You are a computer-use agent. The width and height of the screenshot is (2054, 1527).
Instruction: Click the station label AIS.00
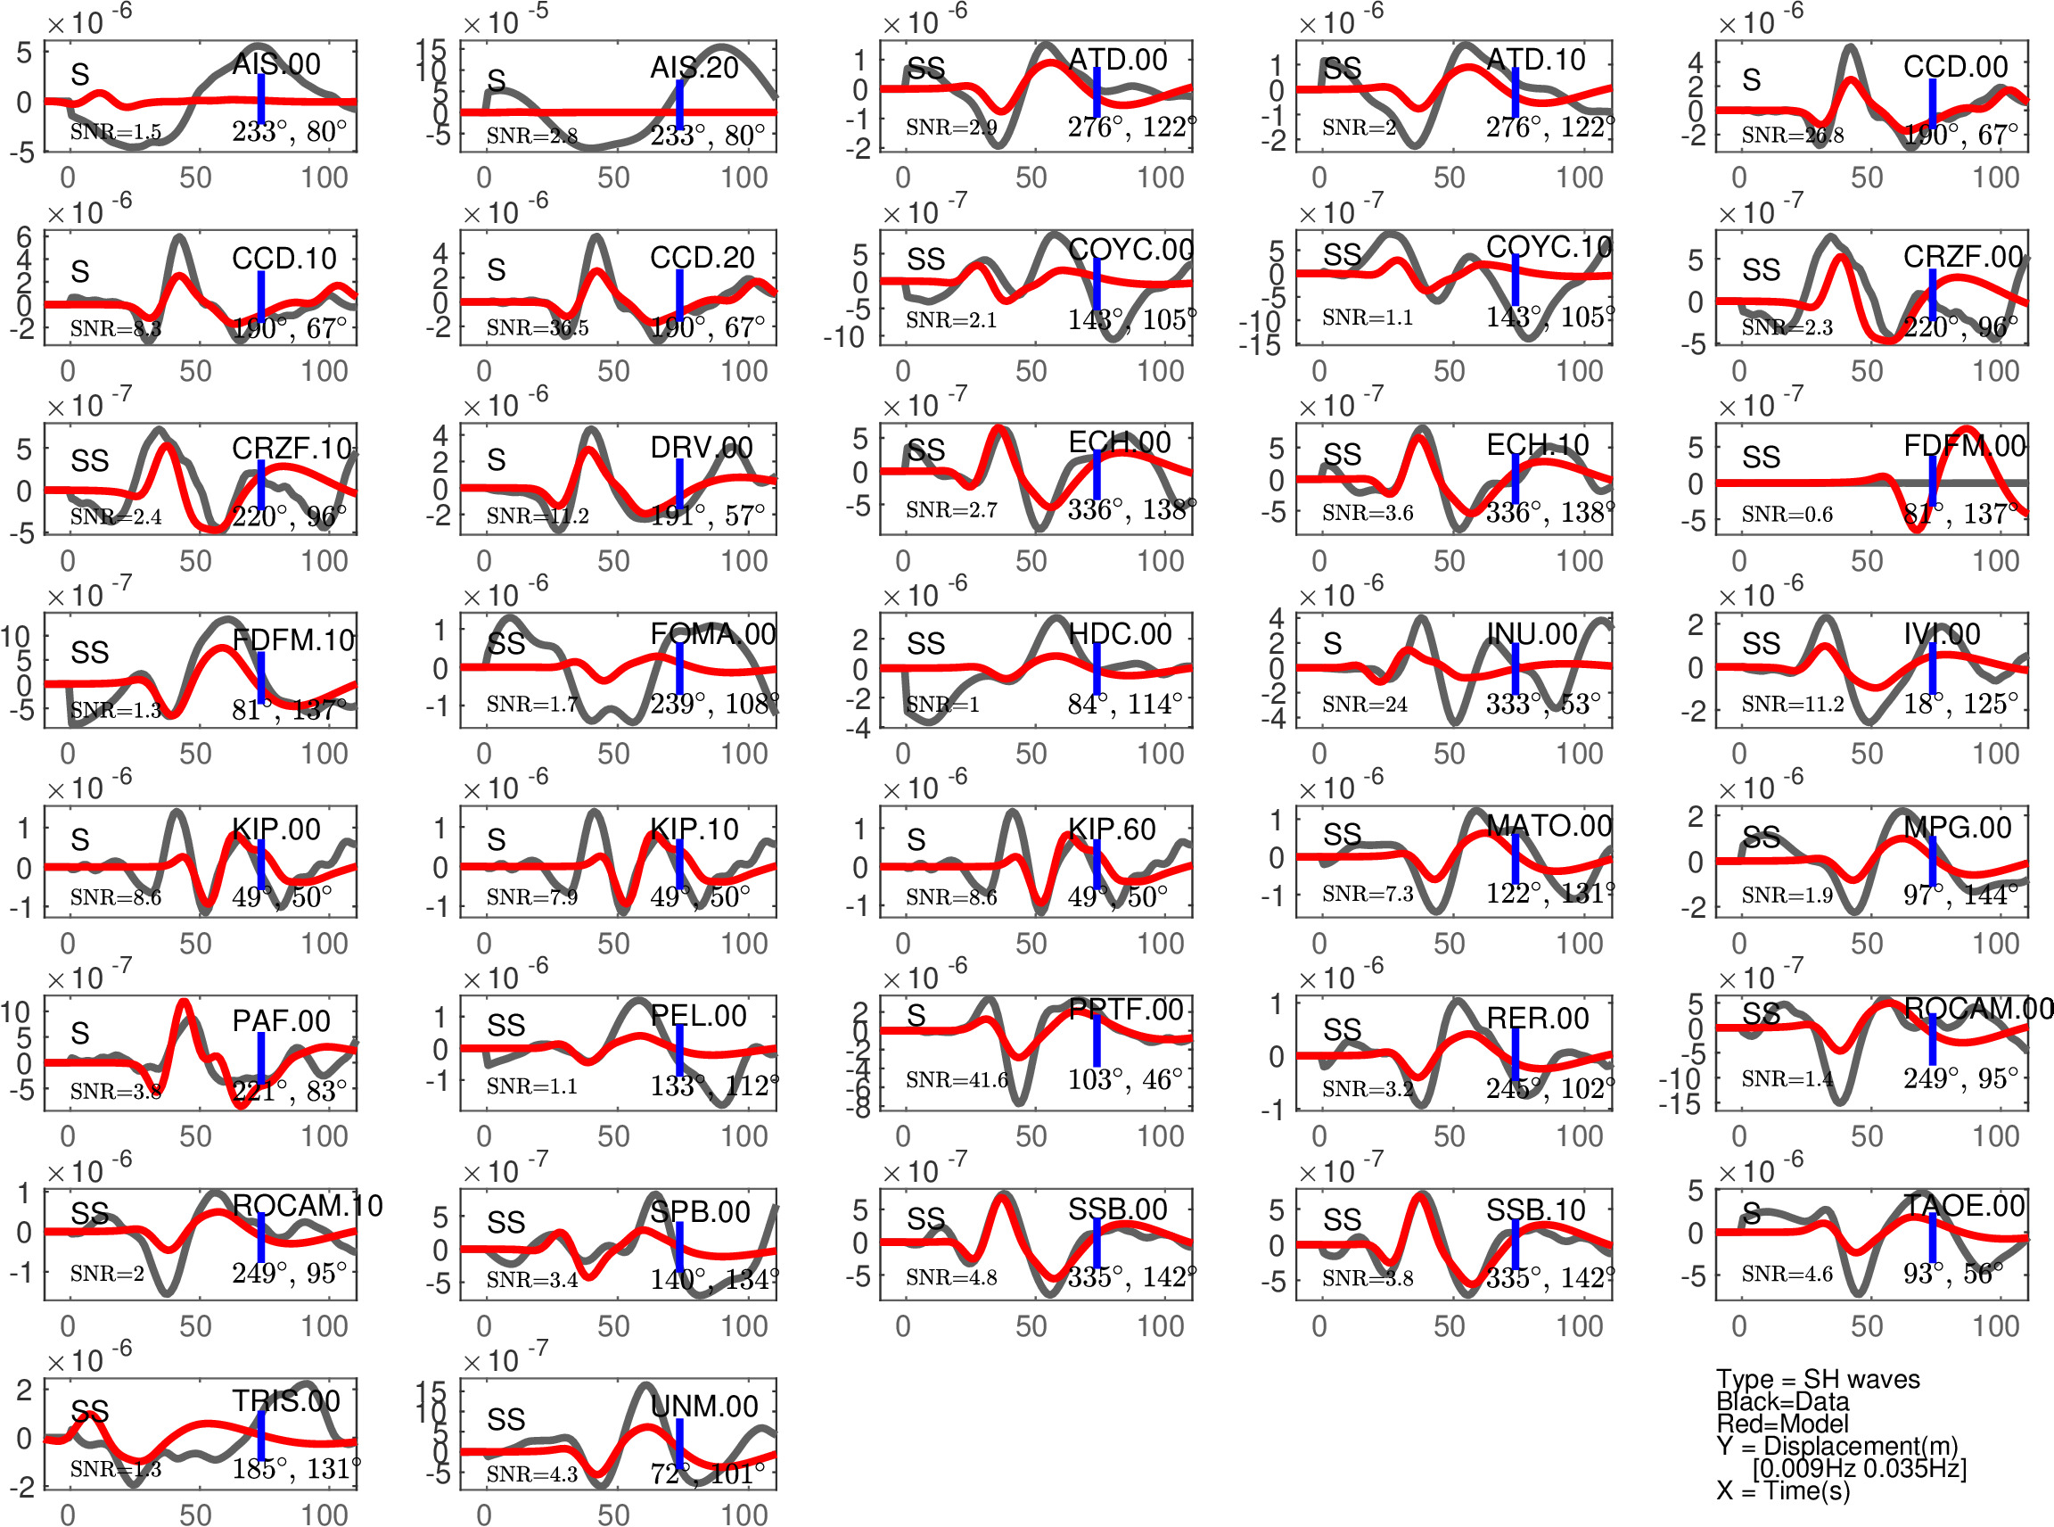point(275,64)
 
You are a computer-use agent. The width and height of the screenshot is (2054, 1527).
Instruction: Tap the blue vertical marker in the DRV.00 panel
point(679,483)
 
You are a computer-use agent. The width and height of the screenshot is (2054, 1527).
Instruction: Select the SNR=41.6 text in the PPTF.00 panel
point(956,1079)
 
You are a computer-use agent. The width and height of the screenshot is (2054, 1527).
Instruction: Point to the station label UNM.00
point(703,1406)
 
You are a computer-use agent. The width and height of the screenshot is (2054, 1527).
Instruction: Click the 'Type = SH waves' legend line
point(1818,1379)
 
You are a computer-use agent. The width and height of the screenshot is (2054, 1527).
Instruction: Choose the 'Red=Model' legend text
point(1782,1424)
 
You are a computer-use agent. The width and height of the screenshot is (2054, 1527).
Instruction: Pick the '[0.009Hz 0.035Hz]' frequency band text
point(1859,1468)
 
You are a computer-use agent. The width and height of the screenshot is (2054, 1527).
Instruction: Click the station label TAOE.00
point(1963,1205)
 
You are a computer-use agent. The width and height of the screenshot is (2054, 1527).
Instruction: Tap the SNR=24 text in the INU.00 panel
point(1364,705)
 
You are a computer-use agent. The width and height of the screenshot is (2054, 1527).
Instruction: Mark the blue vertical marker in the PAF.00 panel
point(261,1058)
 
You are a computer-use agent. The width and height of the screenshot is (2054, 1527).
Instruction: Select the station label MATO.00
point(1549,825)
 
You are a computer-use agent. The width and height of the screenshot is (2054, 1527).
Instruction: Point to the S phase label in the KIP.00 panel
point(80,839)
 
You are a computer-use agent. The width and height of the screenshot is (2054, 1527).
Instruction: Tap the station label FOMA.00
point(712,634)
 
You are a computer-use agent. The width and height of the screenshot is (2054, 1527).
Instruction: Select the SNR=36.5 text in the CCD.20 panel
point(537,327)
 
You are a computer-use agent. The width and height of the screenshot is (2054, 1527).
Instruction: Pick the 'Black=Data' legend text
point(1782,1401)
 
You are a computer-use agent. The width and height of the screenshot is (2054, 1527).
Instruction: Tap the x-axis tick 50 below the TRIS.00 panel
point(195,1514)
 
